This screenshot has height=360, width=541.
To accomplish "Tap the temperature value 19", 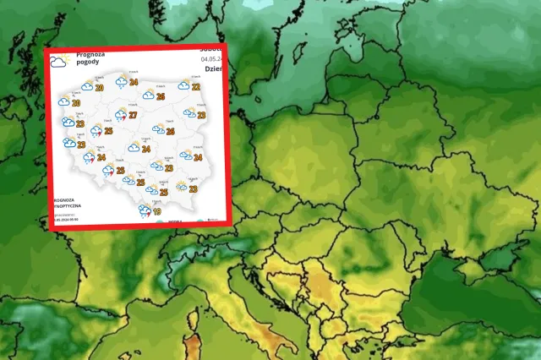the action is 157,212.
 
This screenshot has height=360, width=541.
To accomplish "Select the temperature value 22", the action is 195,86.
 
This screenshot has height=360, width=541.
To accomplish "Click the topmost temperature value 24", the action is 134,83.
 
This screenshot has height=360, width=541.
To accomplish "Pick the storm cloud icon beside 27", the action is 120,116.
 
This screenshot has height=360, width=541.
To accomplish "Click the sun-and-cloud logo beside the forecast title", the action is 58,61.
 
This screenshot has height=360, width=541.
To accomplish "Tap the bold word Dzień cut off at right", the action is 215,69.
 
